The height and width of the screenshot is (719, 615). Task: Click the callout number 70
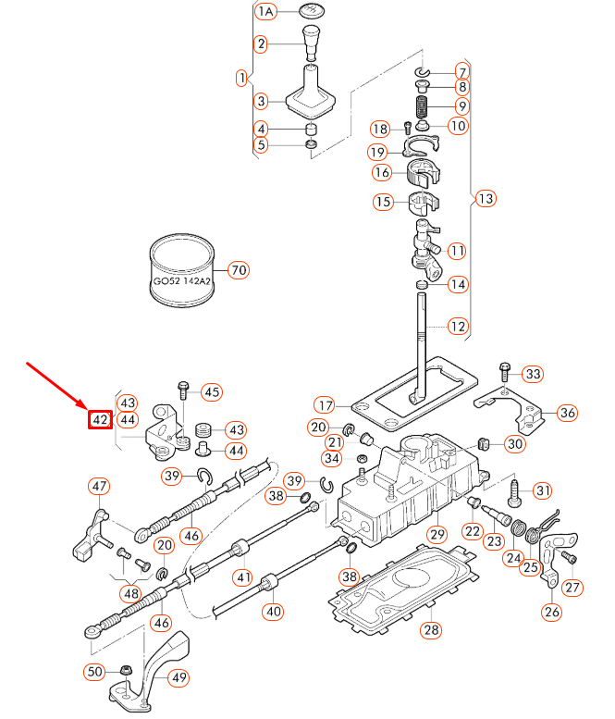tap(239, 271)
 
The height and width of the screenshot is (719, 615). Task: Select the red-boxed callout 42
tap(100, 419)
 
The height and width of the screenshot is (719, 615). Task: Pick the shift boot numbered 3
tap(311, 95)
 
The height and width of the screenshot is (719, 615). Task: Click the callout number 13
tap(486, 198)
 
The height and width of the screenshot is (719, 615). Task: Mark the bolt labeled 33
tap(504, 373)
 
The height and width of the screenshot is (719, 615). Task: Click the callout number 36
tap(568, 412)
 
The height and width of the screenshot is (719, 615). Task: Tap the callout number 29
tap(437, 534)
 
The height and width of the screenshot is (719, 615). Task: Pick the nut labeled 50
tap(124, 670)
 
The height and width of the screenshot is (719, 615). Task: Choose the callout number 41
tap(242, 577)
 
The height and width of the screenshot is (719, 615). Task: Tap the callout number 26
tap(552, 611)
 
